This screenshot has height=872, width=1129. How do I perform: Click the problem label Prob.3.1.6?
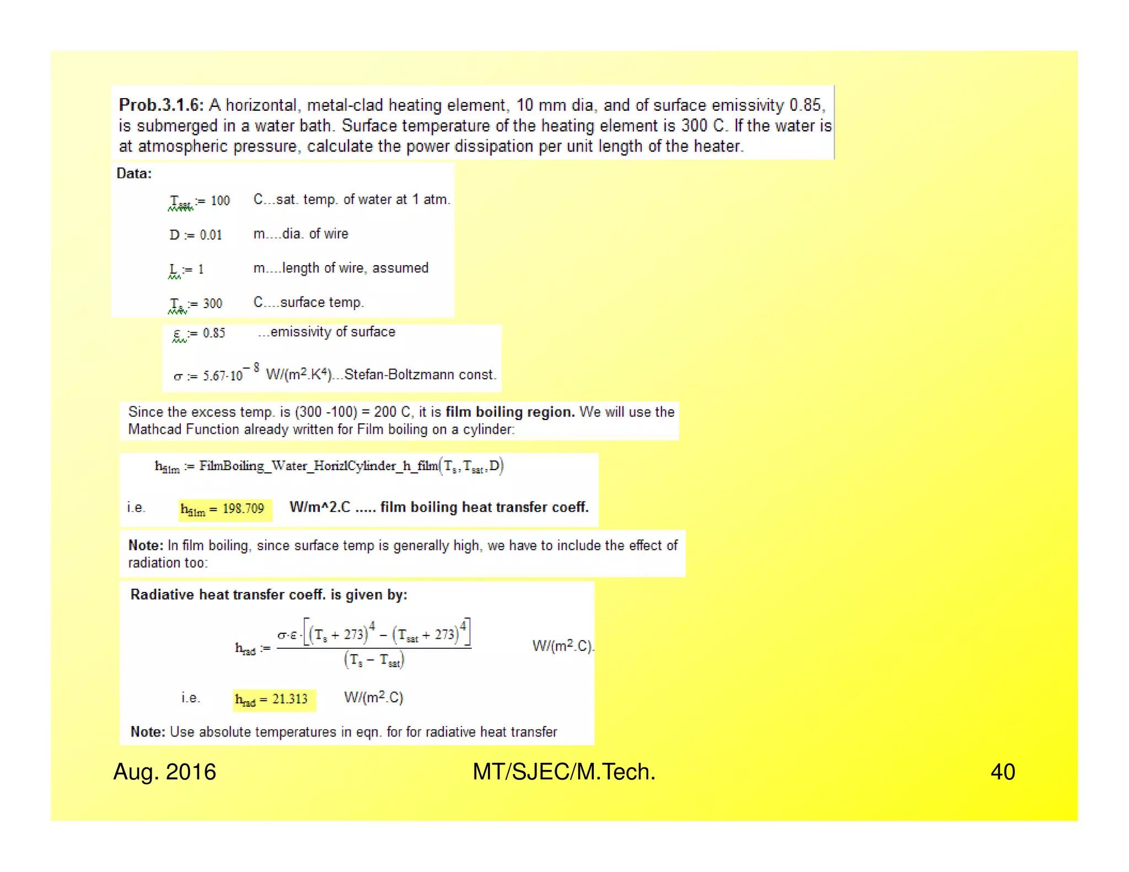[x=161, y=105]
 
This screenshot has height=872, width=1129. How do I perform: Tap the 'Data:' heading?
[x=134, y=174]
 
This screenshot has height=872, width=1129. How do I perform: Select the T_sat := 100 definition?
[x=199, y=201]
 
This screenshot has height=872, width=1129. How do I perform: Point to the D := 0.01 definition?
[x=196, y=235]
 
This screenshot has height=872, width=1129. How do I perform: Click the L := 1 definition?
[x=186, y=270]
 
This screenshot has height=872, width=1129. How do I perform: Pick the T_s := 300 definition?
[x=196, y=304]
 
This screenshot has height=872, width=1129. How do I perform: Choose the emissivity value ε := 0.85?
[x=199, y=333]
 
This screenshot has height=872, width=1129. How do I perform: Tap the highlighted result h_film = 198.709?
[x=225, y=509]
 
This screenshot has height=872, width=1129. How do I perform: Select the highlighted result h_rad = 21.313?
[x=274, y=699]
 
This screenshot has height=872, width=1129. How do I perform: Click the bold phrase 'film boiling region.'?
[x=510, y=412]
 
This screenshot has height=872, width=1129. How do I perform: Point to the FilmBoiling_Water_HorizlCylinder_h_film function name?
[x=319, y=466]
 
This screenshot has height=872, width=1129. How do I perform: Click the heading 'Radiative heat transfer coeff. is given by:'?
[x=269, y=595]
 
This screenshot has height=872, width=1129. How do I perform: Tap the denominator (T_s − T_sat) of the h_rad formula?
[x=374, y=660]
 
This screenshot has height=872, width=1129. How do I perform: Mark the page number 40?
[x=1002, y=772]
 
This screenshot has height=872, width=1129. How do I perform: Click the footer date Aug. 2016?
[x=164, y=772]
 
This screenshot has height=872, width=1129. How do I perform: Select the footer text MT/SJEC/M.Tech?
[x=563, y=772]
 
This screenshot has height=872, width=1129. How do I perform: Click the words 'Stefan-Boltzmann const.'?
[x=420, y=375]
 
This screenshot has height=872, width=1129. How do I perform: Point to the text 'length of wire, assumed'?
[x=355, y=268]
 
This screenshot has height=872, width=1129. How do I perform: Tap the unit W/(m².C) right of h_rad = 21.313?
[x=374, y=698]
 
